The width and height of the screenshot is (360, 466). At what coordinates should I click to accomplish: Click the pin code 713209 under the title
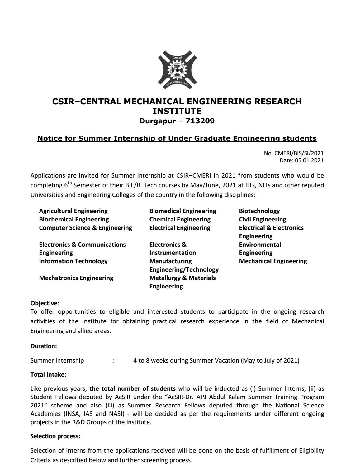point(200,121)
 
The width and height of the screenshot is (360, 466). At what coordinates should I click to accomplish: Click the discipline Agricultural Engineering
point(73,211)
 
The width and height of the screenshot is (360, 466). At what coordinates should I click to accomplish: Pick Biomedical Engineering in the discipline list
point(182,211)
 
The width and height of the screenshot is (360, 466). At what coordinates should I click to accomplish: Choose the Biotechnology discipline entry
point(259,211)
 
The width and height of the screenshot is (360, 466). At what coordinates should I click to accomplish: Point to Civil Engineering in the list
point(262,219)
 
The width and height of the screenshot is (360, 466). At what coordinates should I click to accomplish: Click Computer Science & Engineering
point(85,228)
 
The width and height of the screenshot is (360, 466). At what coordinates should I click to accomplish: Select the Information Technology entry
point(73,261)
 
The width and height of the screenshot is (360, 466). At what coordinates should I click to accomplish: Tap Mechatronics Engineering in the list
point(76,278)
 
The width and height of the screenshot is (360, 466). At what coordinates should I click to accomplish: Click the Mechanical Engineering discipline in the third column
point(273,261)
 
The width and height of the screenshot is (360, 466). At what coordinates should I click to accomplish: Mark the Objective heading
point(44,303)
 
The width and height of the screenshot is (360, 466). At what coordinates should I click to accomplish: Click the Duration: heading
point(44,346)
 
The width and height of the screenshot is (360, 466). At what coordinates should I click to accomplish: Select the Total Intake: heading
point(48,375)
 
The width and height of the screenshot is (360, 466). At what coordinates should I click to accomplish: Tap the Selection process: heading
point(55,436)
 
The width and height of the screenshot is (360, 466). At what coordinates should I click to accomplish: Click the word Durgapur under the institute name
point(158,121)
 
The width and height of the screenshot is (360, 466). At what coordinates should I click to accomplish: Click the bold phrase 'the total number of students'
point(132,388)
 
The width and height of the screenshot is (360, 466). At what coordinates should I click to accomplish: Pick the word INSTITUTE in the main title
point(177,111)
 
